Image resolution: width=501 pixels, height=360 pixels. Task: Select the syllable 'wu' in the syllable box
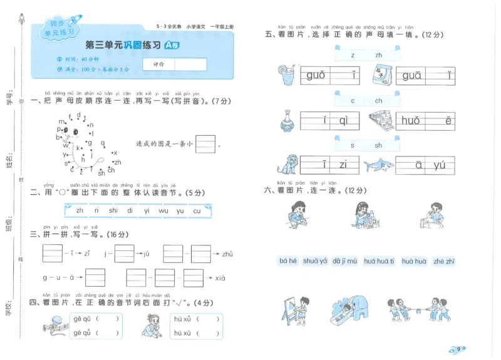tap(163, 211)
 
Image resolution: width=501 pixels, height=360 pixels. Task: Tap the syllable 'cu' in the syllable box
tap(197, 211)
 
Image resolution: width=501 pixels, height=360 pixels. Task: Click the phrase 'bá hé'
tap(288, 261)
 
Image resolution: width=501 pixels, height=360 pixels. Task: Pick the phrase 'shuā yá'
tap(315, 261)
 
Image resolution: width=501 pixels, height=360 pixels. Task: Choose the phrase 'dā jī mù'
tap(345, 261)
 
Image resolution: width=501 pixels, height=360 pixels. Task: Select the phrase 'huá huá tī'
tap(380, 261)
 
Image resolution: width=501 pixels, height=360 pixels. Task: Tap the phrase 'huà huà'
tap(413, 261)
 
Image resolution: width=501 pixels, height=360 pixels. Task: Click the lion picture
tap(287, 164)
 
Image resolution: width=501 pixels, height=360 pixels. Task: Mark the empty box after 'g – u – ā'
tap(95, 277)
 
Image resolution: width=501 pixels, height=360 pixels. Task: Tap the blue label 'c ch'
tap(366, 100)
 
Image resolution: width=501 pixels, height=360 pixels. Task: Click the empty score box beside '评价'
tap(190, 64)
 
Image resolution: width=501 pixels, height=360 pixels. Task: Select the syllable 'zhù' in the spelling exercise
tap(227, 254)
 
